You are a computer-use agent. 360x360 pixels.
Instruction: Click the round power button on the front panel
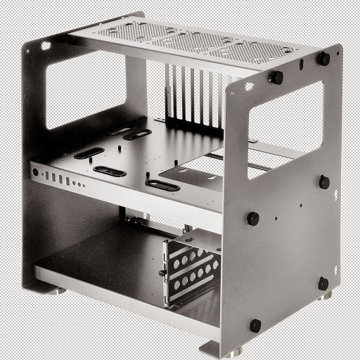click(34, 172)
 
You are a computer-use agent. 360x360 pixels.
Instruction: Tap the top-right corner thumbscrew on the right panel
click(323, 59)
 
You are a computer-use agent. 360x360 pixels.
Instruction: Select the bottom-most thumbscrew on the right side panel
click(255, 326)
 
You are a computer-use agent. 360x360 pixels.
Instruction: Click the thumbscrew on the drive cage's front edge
click(162, 273)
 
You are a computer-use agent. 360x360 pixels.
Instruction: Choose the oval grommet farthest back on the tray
click(137, 134)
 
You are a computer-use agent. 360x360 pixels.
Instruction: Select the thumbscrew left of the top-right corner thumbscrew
click(276, 77)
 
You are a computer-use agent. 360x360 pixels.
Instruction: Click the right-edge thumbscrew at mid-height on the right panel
click(324, 182)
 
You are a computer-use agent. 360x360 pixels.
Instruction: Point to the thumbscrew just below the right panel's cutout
click(252, 219)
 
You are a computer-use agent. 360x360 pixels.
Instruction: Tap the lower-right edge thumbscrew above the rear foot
click(323, 283)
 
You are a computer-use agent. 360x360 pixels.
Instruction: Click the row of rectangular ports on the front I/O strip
click(57, 179)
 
